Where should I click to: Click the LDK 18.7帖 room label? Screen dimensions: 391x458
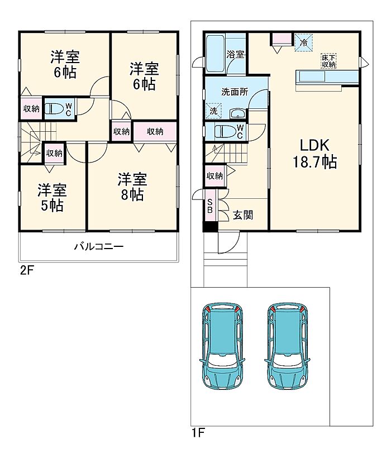315,154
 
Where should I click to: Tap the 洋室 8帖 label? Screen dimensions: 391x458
132,187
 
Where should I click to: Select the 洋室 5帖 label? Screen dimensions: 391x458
52,198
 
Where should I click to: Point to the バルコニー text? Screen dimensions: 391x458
99,247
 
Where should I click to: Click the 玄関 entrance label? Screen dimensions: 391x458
243,215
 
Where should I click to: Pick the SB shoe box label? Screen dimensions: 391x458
209,206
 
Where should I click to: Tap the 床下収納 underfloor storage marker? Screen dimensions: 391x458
328,61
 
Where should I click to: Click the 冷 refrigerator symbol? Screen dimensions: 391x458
304,42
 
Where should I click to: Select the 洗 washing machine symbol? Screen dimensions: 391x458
213,111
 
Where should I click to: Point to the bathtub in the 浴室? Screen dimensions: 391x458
215,54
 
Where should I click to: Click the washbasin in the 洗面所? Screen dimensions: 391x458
238,113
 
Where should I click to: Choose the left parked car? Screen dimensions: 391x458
222,345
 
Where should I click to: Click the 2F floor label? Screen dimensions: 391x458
27,270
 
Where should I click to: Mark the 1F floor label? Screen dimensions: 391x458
198,433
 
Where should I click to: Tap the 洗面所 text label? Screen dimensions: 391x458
235,92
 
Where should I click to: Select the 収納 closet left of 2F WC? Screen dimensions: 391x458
31,108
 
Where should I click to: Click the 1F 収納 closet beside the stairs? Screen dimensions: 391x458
215,176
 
